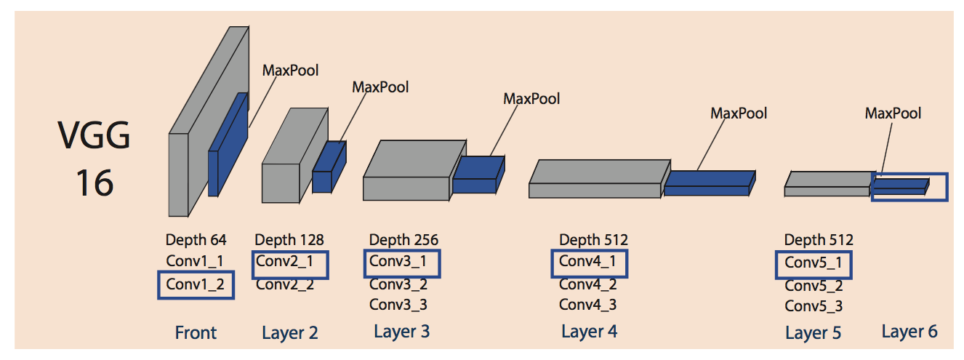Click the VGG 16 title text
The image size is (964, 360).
click(95, 160)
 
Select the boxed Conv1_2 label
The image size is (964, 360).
click(196, 285)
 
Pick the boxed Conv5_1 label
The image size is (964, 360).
click(814, 263)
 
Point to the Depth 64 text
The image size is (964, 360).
click(196, 239)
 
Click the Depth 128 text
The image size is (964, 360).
click(289, 239)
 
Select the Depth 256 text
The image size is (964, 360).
click(403, 239)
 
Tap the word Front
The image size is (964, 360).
click(196, 333)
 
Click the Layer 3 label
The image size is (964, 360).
click(401, 332)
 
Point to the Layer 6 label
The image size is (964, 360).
click(909, 332)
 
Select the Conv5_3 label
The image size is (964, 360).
click(814, 306)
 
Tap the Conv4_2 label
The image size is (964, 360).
click(588, 284)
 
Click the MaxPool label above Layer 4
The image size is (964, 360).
click(739, 113)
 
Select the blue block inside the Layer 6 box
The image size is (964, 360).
click(900, 186)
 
